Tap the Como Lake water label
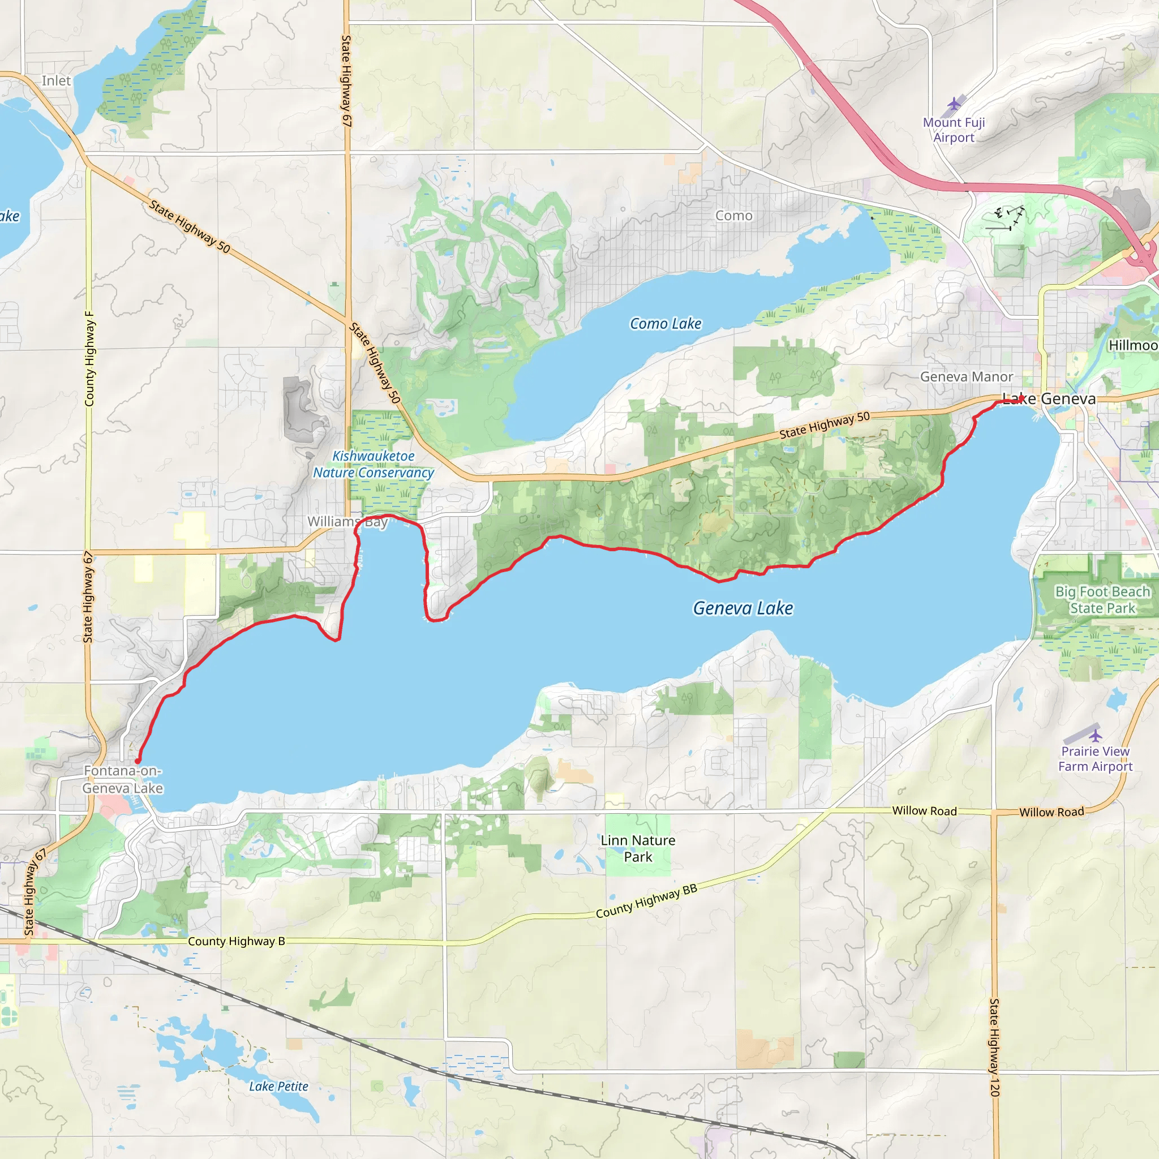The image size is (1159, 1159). (666, 324)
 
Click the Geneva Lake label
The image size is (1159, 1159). (742, 608)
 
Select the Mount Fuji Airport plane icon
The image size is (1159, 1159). (954, 104)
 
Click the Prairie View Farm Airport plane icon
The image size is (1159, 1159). (1096, 736)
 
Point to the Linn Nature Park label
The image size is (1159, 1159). (638, 849)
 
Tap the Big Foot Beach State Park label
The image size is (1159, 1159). (1102, 600)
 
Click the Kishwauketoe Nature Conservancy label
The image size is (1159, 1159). (373, 464)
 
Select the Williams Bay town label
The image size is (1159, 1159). (347, 522)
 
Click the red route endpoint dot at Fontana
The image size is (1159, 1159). (138, 761)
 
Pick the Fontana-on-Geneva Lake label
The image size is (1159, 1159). (122, 779)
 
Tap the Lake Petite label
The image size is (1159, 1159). (278, 1087)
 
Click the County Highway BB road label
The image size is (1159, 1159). (646, 901)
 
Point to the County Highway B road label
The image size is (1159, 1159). (237, 941)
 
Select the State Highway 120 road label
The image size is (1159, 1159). (994, 1048)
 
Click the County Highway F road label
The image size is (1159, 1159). (89, 358)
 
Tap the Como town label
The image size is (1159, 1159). (733, 216)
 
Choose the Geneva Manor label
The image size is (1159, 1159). (967, 377)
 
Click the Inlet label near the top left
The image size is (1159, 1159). (56, 81)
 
